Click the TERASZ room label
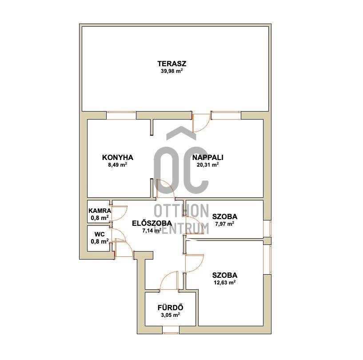172,64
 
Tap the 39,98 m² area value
172,71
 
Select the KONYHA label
118,157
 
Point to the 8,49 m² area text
118,165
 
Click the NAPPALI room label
208,157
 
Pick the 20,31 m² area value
208,165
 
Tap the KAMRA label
100,211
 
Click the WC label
100,234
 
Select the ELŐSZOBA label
152,223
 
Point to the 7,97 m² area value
224,224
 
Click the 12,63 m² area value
224,282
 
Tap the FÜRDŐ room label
171,308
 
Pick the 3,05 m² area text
171,315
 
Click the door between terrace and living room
201,123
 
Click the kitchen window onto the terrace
121,115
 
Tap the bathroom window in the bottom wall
171,330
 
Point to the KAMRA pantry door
119,213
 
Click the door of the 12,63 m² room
194,264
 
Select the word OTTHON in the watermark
181,211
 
